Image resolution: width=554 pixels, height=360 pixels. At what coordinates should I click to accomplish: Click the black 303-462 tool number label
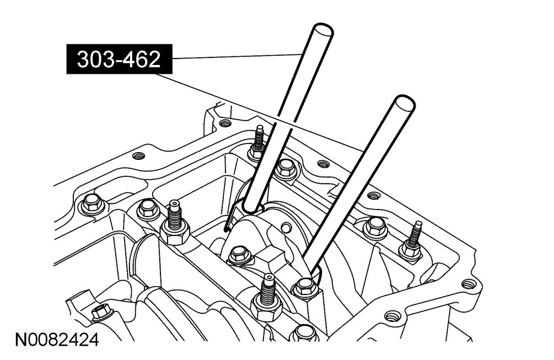tap(119, 59)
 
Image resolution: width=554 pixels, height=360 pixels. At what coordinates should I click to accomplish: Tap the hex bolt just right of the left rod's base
tap(285, 169)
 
